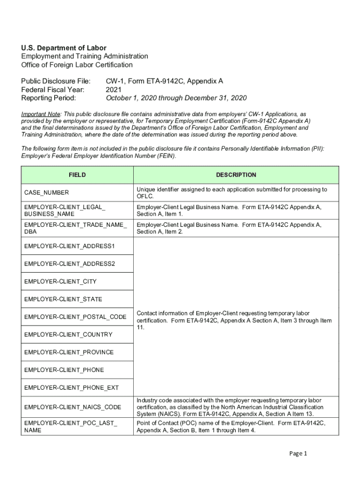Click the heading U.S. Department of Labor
pyautogui.click(x=64, y=48)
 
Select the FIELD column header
pyautogui.click(x=77, y=175)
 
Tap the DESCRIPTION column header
pyautogui.click(x=236, y=175)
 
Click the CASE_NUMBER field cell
pyautogui.click(x=47, y=193)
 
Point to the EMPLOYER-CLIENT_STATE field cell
pyautogui.click(x=63, y=299)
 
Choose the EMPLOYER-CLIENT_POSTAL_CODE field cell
pyautogui.click(x=75, y=317)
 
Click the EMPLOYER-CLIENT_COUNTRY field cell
pyautogui.click(x=68, y=335)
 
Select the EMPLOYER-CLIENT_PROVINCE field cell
pyautogui.click(x=69, y=352)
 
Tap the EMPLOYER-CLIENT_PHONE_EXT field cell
pyautogui.click(x=72, y=388)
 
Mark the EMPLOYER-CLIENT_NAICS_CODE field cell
pyautogui.click(x=73, y=407)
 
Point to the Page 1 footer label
pyautogui.click(x=298, y=453)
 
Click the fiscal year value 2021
pyautogui.click(x=114, y=89)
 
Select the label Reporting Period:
pyautogui.click(x=49, y=98)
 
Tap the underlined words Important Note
pyautogui.click(x=41, y=114)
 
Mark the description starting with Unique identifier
pyautogui.click(x=231, y=193)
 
